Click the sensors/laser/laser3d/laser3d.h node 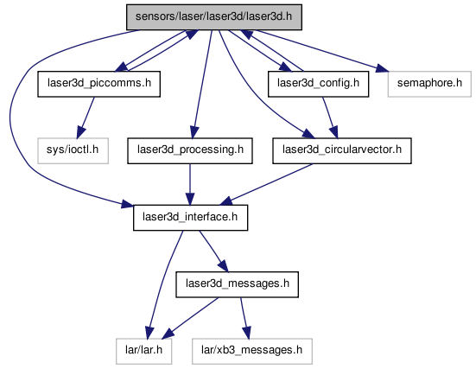[x=214, y=17]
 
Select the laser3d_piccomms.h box [x=99, y=84]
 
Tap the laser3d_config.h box [x=318, y=84]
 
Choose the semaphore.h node [x=429, y=84]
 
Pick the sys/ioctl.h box [x=73, y=151]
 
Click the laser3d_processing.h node [x=190, y=151]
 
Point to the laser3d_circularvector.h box [x=342, y=151]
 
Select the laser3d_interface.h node [x=190, y=218]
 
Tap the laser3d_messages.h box [x=237, y=284]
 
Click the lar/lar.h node [x=144, y=352]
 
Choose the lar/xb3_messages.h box [x=252, y=352]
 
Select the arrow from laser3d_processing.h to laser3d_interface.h [x=190, y=184]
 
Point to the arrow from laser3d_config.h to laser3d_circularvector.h [x=329, y=118]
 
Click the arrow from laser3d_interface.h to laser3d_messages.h [x=213, y=251]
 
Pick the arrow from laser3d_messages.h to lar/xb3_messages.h [x=245, y=318]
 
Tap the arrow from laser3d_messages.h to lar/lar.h [x=190, y=318]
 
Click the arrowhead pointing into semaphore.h [x=382, y=68]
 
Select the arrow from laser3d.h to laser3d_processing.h [x=201, y=84]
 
